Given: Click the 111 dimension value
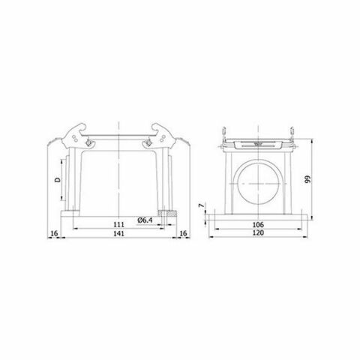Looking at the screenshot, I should tap(118, 224).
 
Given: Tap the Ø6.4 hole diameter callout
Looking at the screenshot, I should tap(147, 219).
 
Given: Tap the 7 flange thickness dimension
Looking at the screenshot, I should tap(201, 205).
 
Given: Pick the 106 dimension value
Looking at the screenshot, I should tap(256, 224).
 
